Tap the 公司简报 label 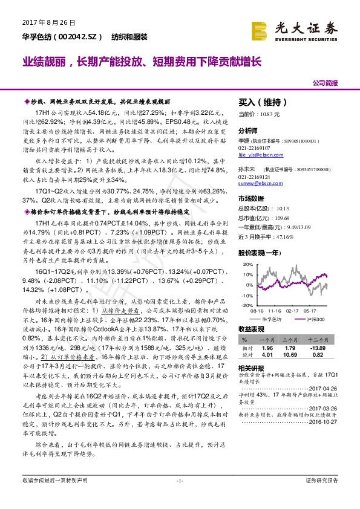325,83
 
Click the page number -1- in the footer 180,497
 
